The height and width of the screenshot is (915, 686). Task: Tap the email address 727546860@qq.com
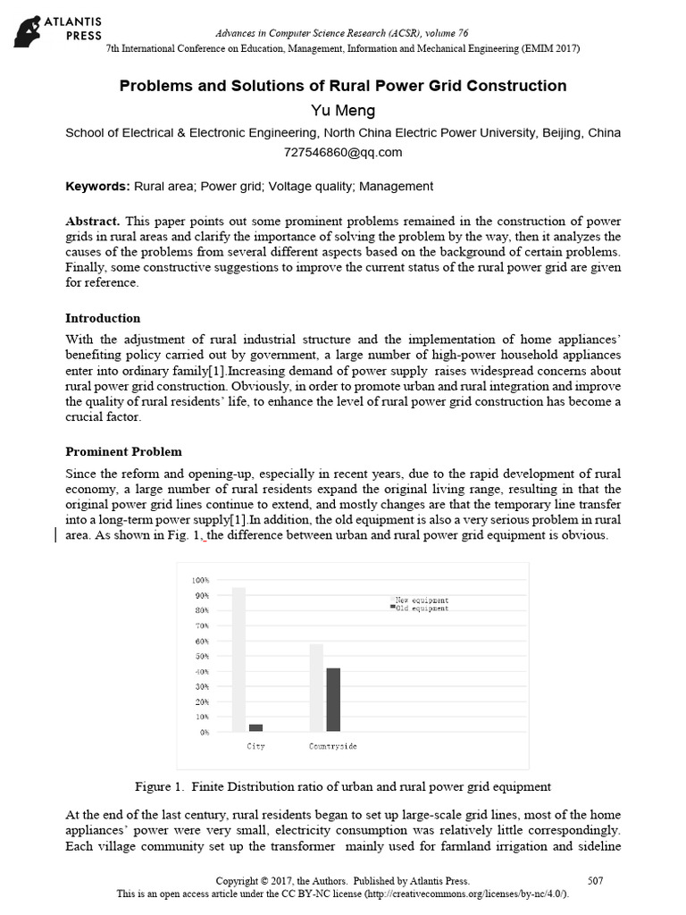(x=343, y=152)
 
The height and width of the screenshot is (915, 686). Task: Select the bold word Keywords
(x=98, y=187)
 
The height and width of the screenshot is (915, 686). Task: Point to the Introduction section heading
(x=104, y=318)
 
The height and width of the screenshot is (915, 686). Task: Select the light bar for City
(x=238, y=659)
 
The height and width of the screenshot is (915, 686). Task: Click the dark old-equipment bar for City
(x=256, y=727)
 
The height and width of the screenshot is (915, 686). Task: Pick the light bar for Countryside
(x=316, y=687)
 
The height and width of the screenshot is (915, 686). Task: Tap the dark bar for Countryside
(x=333, y=700)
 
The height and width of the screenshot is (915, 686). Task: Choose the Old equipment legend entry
(x=420, y=608)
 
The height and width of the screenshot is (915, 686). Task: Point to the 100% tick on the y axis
(x=200, y=581)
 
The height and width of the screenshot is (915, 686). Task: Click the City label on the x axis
(x=255, y=746)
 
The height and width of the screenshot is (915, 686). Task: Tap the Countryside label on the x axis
(x=333, y=746)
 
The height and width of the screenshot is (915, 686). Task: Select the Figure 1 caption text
(x=342, y=787)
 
